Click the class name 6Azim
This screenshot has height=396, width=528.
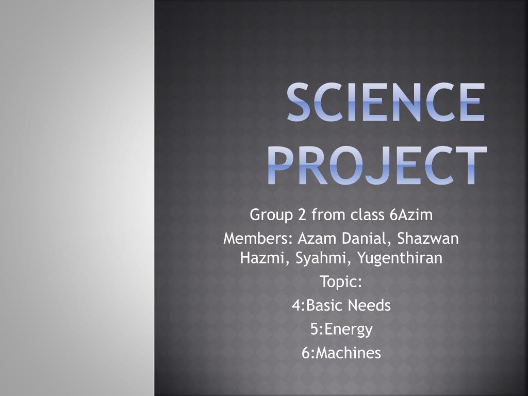click(411, 214)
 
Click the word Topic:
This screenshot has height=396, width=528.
click(341, 282)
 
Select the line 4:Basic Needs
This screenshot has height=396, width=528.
click(341, 306)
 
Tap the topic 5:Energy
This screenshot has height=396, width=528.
click(341, 329)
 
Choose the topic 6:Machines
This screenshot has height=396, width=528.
click(341, 353)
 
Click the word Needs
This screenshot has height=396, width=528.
click(369, 306)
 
